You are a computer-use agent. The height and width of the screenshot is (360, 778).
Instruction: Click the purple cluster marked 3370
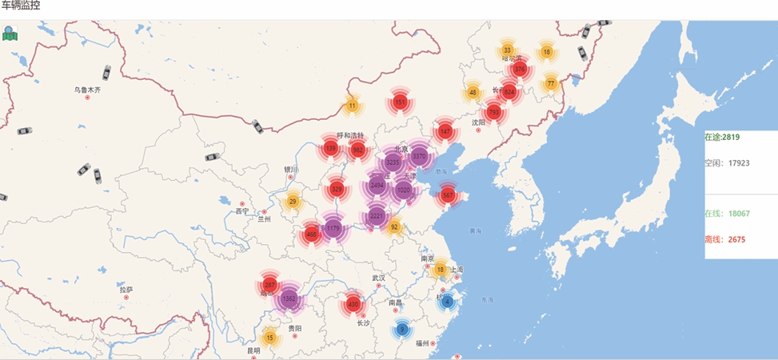pos(419,156)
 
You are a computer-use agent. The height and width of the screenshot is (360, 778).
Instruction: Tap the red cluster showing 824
pos(509,93)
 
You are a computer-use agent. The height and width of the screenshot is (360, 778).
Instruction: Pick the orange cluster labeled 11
pos(353,106)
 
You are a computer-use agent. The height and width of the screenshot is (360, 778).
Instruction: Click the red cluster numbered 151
pos(401,102)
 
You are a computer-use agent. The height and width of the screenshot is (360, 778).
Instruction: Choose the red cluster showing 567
pos(448,195)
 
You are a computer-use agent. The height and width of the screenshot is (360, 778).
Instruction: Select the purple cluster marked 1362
pos(289,298)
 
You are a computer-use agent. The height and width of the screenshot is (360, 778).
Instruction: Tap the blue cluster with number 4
pos(447,302)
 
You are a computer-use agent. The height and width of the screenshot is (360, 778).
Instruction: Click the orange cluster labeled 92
pos(394,227)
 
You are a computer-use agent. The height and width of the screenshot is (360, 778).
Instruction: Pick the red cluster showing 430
pos(353,305)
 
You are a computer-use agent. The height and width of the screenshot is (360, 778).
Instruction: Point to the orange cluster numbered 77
pos(551,83)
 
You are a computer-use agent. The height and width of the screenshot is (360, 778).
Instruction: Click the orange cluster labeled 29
pos(293,201)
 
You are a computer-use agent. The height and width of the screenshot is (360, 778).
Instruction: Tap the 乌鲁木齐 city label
pos(88,90)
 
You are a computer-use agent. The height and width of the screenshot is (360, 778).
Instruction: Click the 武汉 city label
pos(379,278)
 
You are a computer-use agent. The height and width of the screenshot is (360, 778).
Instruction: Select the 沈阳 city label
pos(478,122)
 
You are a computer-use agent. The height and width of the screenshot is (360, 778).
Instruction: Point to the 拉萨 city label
pos(126,289)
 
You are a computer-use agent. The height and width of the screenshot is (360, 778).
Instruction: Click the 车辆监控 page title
pos(22,6)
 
